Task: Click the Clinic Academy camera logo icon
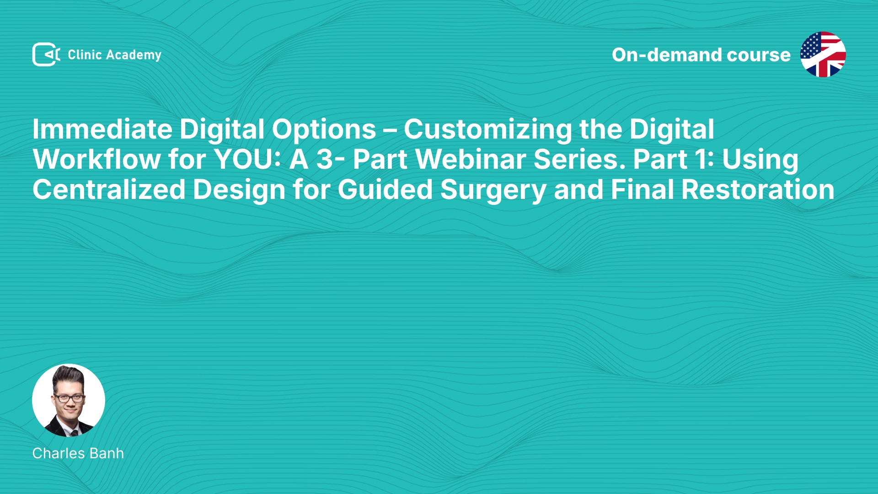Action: (46, 54)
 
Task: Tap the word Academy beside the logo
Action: (134, 55)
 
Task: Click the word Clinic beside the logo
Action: (85, 54)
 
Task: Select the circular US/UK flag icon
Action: (823, 54)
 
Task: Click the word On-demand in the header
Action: (666, 55)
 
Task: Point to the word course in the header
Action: (758, 55)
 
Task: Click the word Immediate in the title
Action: (102, 129)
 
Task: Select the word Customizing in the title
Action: (488, 130)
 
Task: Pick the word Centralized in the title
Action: (109, 189)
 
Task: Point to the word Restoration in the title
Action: (758, 189)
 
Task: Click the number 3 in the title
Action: (325, 160)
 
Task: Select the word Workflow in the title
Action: (96, 159)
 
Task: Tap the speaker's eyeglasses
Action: (69, 398)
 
